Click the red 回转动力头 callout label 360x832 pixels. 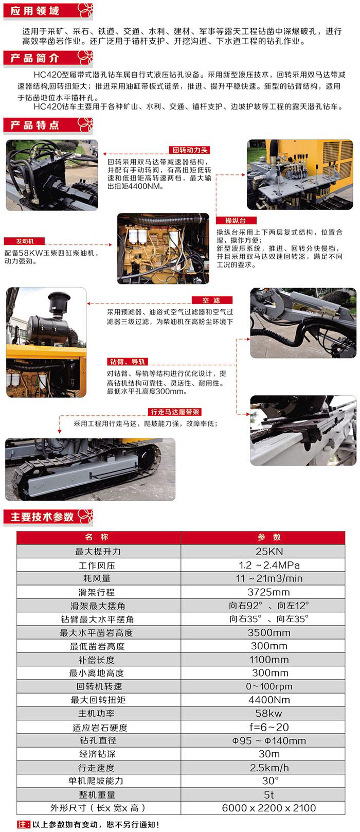(x=190, y=150)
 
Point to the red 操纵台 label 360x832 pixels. (x=236, y=220)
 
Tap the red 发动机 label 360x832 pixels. (x=25, y=241)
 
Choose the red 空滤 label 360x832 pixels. (x=212, y=300)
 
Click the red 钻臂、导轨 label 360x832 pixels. (x=128, y=361)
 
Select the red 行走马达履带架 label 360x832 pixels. (x=175, y=412)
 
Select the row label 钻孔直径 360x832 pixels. (x=98, y=740)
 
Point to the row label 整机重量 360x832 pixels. (x=97, y=794)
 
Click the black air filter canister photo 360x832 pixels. (x=46, y=343)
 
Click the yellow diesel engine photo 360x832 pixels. (x=164, y=249)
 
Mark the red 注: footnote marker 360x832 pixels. (x=23, y=825)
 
